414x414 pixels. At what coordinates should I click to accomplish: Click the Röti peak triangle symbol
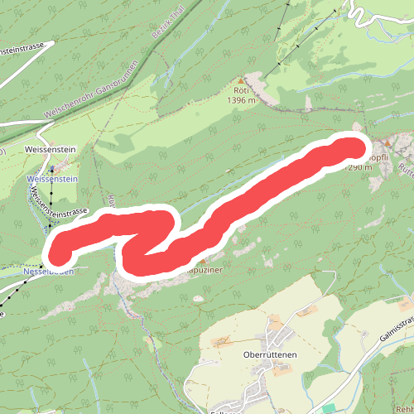241,80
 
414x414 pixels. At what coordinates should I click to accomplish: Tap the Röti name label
241,91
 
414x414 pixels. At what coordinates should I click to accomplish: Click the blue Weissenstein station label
51,178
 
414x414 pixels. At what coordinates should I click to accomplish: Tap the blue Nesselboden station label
50,271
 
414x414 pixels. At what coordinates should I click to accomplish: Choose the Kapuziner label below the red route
204,270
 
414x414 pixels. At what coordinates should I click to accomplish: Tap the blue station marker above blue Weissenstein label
52,168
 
